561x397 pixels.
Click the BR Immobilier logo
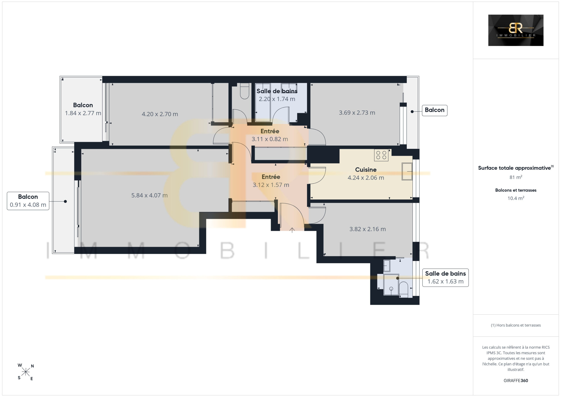pyautogui.click(x=516, y=30)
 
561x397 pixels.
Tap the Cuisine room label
pyautogui.click(x=366, y=170)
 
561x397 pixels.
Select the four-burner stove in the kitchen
pyautogui.click(x=381, y=155)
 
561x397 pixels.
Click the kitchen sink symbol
pyautogui.click(x=407, y=171)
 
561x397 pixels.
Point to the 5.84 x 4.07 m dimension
pyautogui.click(x=149, y=195)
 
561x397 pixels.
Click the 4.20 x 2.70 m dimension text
pyautogui.click(x=160, y=114)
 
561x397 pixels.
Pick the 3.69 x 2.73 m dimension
pyautogui.click(x=357, y=113)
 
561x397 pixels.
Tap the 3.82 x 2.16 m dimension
pyautogui.click(x=367, y=229)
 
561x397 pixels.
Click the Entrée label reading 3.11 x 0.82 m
pyautogui.click(x=270, y=135)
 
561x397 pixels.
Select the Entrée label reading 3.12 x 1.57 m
pyautogui.click(x=271, y=181)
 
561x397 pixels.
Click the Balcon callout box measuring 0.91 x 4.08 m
pyautogui.click(x=28, y=201)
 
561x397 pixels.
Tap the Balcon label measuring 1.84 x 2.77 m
pyautogui.click(x=83, y=109)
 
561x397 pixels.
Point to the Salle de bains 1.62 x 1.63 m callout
pyautogui.click(x=445, y=277)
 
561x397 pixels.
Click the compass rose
pyautogui.click(x=26, y=372)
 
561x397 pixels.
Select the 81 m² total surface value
pyautogui.click(x=516, y=177)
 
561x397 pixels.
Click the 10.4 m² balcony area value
pyautogui.click(x=516, y=198)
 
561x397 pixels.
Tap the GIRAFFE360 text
pyautogui.click(x=516, y=381)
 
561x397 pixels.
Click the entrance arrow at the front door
pyautogui.click(x=292, y=230)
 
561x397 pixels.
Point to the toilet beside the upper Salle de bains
pyautogui.click(x=244, y=91)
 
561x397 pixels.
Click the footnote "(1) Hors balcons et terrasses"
pyautogui.click(x=516, y=325)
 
